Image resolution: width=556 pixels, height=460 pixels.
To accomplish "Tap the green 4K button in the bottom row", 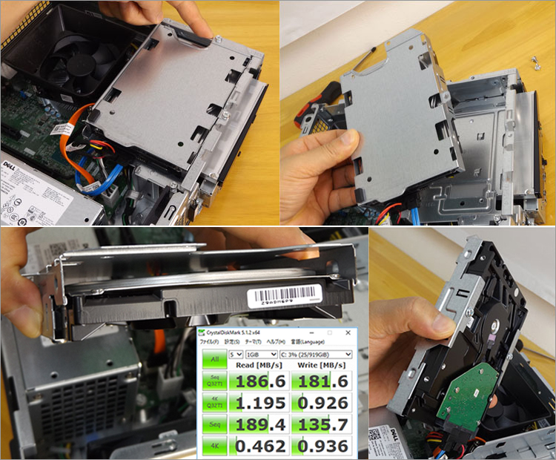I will pos(215,447).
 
